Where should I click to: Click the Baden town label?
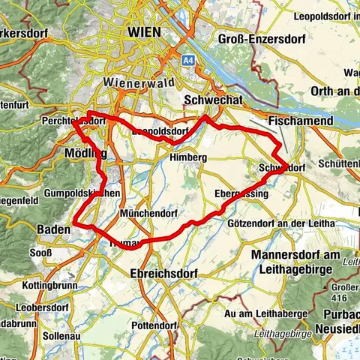pos(54,228)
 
